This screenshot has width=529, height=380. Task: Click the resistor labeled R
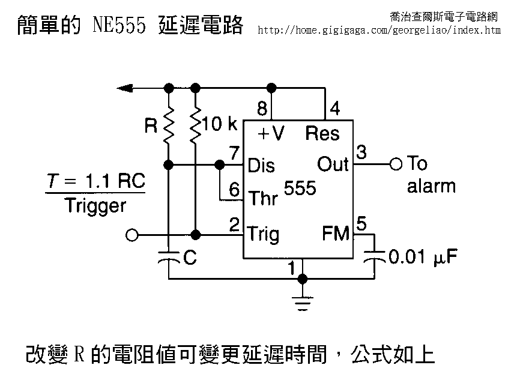coord(169,124)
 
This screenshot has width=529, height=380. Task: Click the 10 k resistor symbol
coord(195,124)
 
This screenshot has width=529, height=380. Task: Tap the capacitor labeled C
coord(169,257)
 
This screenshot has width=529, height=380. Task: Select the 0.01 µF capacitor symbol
coord(376,256)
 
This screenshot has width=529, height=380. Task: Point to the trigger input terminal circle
coord(133,235)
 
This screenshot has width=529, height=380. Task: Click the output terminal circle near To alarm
coord(395,163)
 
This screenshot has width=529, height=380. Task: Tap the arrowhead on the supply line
coord(125,89)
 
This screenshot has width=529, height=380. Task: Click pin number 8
coord(262,109)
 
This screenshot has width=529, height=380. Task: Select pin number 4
coord(334,109)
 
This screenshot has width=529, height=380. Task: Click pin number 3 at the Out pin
coord(361,152)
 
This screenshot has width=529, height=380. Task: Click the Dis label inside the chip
coord(262,164)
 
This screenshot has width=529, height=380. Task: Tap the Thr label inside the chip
coord(263,198)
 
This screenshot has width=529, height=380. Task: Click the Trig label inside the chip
coord(263,233)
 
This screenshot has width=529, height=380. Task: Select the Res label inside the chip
coord(322,133)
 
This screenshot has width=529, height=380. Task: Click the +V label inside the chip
coord(271,133)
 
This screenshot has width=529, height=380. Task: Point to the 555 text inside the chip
coord(300,188)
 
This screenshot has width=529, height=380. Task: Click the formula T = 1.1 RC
coord(96,181)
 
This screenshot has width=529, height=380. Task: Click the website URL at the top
coord(379,29)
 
